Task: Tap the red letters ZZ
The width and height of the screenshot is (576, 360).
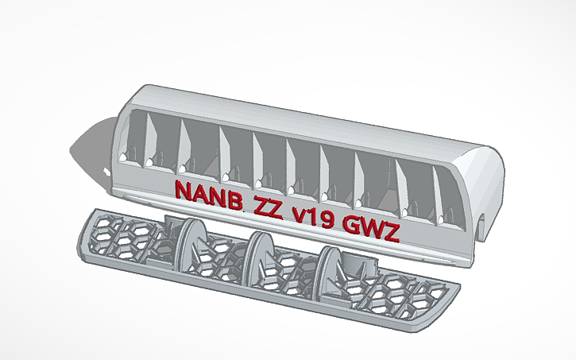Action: [269, 205]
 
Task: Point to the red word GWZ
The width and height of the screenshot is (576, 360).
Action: [372, 228]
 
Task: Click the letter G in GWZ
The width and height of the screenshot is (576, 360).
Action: [353, 225]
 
